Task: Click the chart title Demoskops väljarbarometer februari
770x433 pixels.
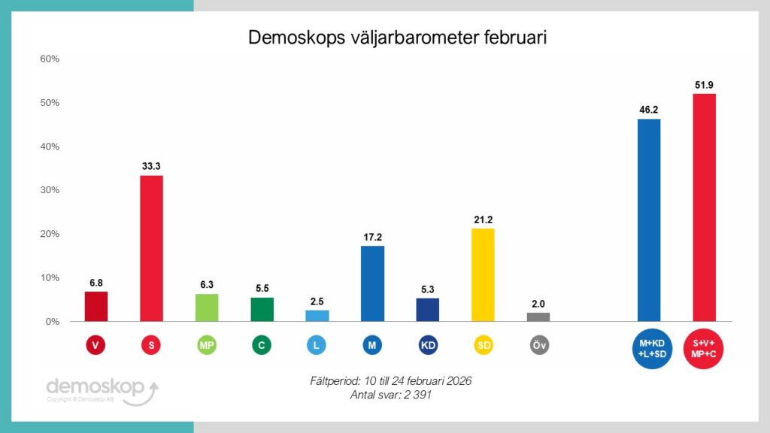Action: point(397,38)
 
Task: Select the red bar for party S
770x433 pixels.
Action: point(151,248)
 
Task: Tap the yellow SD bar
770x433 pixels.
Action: point(483,274)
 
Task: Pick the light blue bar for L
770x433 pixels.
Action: point(317,316)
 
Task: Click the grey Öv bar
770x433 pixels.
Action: point(538,316)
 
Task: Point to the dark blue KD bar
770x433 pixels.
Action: point(427,310)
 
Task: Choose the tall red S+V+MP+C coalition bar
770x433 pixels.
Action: point(704,207)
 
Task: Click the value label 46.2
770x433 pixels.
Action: point(649,109)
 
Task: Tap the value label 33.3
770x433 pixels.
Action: point(151,166)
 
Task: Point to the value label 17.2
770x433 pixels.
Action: point(372,237)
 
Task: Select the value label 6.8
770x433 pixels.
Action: point(95,282)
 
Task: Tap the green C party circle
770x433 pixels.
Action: point(262,345)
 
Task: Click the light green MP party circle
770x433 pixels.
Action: point(207,345)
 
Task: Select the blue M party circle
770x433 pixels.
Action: point(372,345)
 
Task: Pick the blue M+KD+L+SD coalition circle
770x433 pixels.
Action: point(648,348)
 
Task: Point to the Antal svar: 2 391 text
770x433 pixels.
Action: point(390,395)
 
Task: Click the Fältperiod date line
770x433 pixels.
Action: point(390,382)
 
